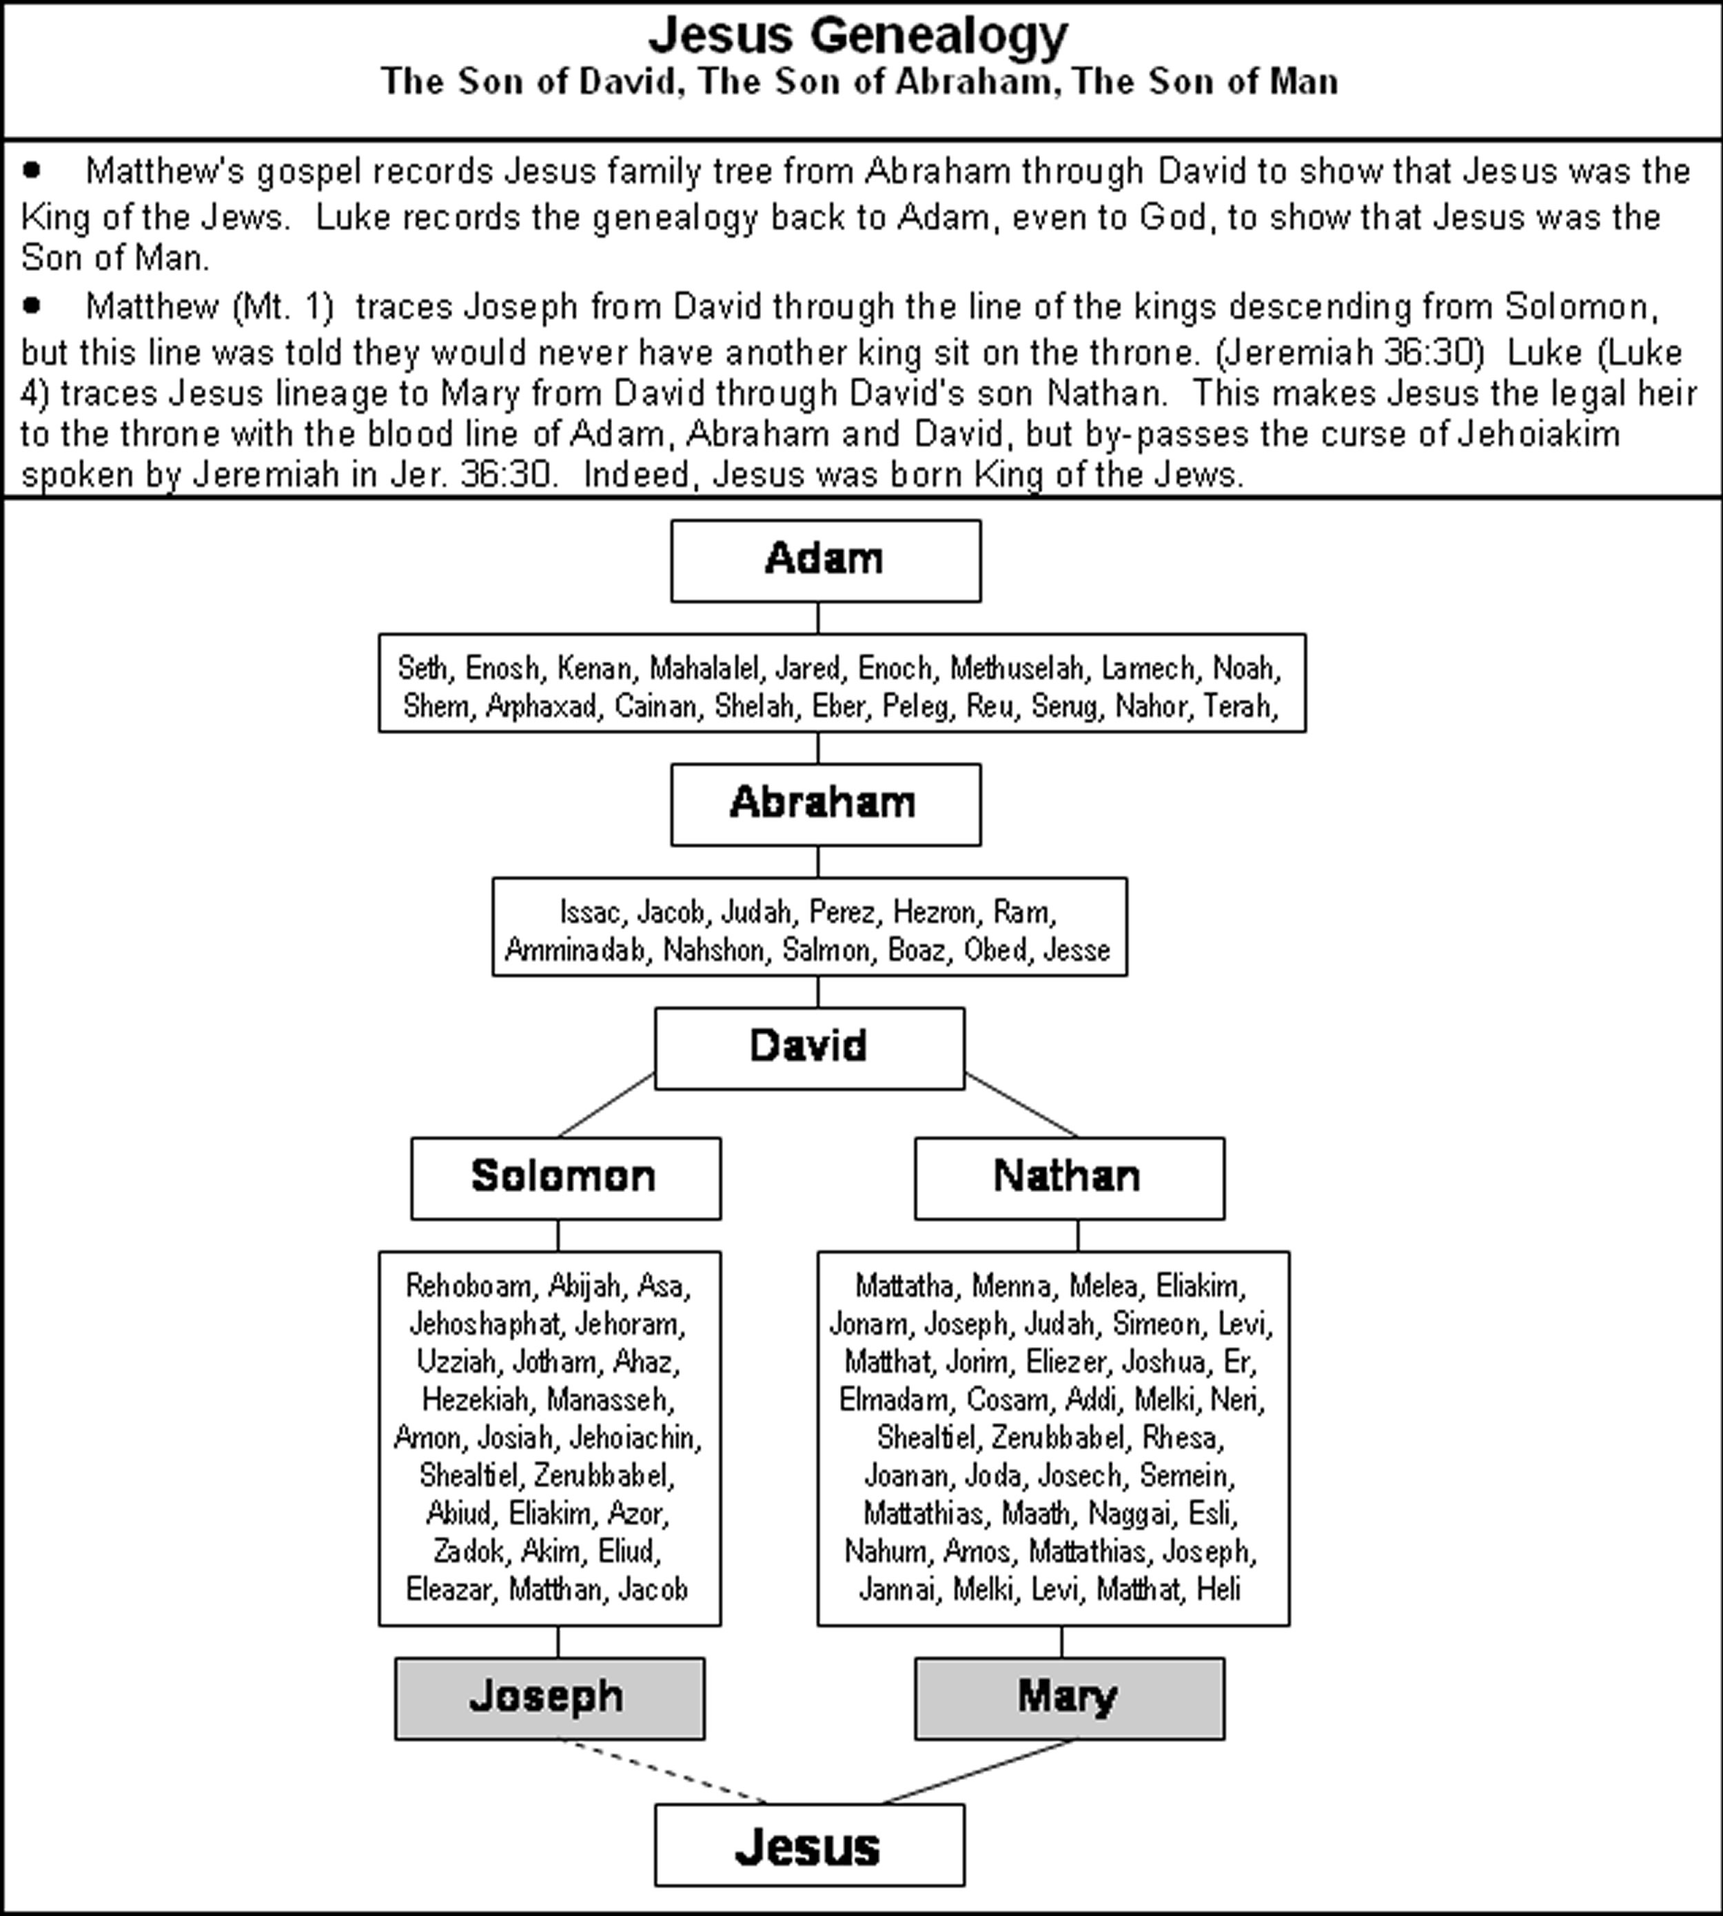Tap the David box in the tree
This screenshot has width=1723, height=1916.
click(x=808, y=1047)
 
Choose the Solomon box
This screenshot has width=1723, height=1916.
click(x=565, y=1178)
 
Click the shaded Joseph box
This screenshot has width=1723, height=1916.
click(x=549, y=1697)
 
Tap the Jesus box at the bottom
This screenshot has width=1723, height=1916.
click(x=808, y=1844)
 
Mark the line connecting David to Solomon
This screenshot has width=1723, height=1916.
click(x=606, y=1105)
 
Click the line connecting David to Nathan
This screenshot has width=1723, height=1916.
click(x=1021, y=1105)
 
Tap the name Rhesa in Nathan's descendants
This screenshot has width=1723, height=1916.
click(x=1183, y=1437)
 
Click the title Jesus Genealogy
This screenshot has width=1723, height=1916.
click(x=858, y=36)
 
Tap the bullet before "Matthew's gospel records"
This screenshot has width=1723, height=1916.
click(x=32, y=170)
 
